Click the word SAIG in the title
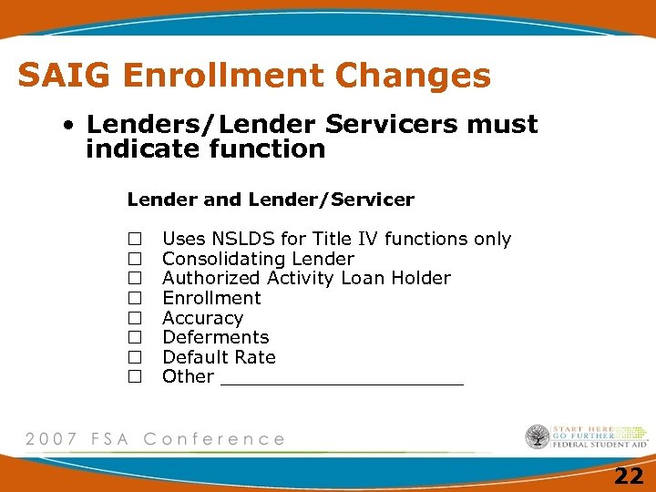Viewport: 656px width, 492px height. coord(66,76)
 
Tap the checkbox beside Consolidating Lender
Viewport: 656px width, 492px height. coord(135,259)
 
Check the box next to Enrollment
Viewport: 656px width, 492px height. coord(135,298)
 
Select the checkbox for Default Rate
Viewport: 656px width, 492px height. coord(135,357)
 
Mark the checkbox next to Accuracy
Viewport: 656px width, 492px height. coord(135,318)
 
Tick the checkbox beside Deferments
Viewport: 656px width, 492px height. coord(135,337)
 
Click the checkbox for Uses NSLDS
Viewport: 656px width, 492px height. coord(135,239)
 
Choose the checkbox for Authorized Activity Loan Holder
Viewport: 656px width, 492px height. coord(135,278)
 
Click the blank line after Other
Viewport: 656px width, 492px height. coord(342,378)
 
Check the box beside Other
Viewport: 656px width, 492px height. coord(135,376)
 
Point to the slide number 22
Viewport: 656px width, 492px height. coord(629,476)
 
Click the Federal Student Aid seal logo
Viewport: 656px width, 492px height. coord(538,436)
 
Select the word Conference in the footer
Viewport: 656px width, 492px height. coord(214,439)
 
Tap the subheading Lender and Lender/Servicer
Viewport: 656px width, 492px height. coord(271,199)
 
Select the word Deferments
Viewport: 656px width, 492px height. coord(215,337)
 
